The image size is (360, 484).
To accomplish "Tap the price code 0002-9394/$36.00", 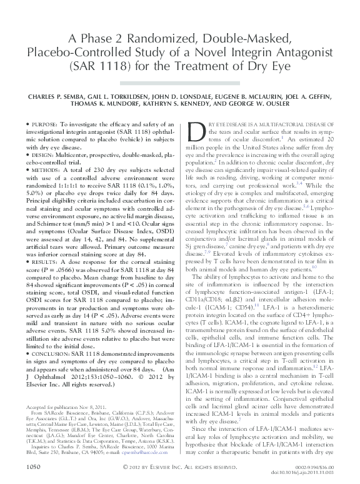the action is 318,465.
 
